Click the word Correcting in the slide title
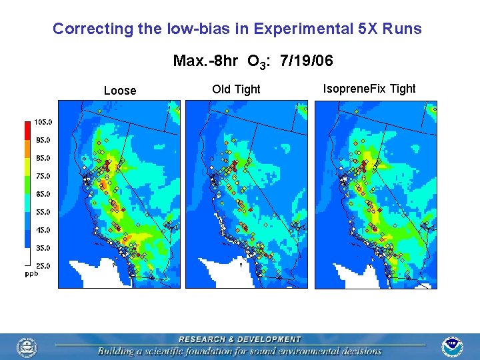click(x=83, y=29)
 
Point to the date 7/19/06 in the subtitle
click(x=307, y=61)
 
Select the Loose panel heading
click(x=120, y=91)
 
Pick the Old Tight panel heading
click(x=236, y=89)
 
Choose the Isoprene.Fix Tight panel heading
click(x=369, y=89)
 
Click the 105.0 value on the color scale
click(x=44, y=122)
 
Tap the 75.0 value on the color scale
click(x=44, y=176)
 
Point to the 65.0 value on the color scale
click(x=44, y=194)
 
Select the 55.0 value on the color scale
click(x=44, y=212)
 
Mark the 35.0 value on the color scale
click(x=44, y=248)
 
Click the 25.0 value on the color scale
click(x=44, y=266)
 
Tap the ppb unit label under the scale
click(x=31, y=273)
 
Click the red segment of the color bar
click(x=28, y=131)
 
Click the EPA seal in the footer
click(x=27, y=347)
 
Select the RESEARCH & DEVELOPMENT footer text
click(x=239, y=339)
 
